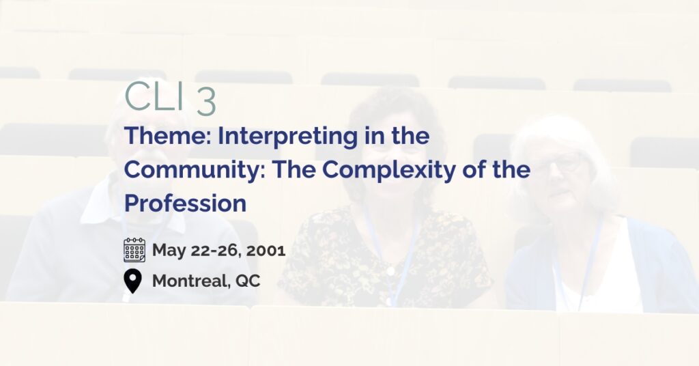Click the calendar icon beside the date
click(x=134, y=250)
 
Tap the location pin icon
click(x=132, y=281)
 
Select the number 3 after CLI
click(x=206, y=102)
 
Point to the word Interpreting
click(x=287, y=137)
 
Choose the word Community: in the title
click(x=195, y=170)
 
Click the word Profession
click(x=185, y=203)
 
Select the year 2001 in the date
click(x=266, y=250)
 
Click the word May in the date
click(x=169, y=251)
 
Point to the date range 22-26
click(x=216, y=250)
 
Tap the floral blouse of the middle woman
click(x=384, y=259)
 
